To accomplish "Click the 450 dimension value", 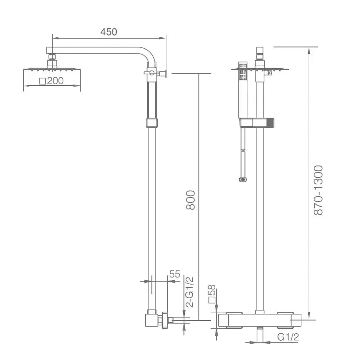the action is click(108, 32).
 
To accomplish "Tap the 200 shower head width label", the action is click(55, 81).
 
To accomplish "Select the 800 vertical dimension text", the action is click(191, 200).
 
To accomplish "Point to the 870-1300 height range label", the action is click(318, 190).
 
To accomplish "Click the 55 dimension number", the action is click(175, 274).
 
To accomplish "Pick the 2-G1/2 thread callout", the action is click(190, 292).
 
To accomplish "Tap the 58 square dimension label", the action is click(212, 290).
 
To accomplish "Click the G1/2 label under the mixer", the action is click(288, 337).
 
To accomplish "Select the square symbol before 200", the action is click(43, 81).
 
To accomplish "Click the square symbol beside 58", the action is click(212, 300).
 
